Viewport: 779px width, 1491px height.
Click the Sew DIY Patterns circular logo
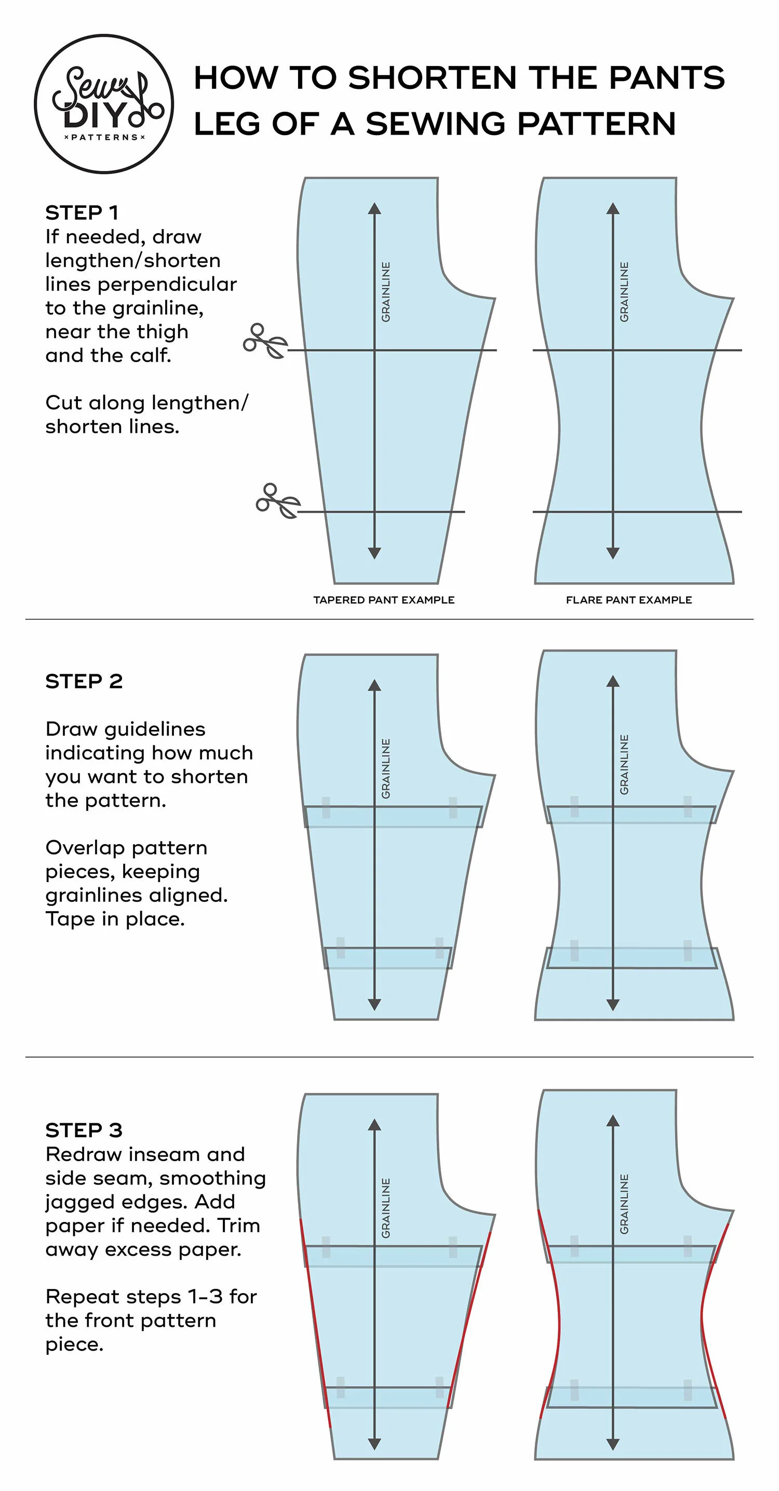click(x=104, y=104)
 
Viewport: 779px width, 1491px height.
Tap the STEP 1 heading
click(x=82, y=213)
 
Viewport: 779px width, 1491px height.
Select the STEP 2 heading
click(x=84, y=681)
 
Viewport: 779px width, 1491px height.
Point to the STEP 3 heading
click(x=84, y=1130)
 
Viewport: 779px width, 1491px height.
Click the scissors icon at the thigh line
click(x=265, y=341)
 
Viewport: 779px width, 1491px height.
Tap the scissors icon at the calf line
click(x=278, y=501)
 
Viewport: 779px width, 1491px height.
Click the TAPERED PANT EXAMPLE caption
click(x=384, y=600)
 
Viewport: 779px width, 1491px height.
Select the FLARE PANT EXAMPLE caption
click(x=628, y=600)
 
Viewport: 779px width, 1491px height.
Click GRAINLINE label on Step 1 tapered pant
click(x=386, y=292)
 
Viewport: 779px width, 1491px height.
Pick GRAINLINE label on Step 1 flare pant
click(x=624, y=292)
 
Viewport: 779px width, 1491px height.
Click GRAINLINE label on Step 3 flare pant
click(x=624, y=1204)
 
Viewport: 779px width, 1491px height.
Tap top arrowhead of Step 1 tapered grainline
click(x=374, y=208)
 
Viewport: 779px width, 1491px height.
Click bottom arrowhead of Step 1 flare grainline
click(x=613, y=553)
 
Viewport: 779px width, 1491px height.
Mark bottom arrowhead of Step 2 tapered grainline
click(x=374, y=1004)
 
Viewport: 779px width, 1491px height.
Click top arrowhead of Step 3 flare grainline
click(x=613, y=1121)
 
